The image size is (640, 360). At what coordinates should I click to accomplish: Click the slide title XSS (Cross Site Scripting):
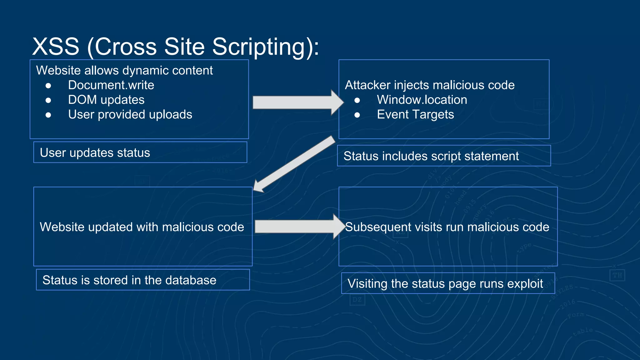(x=176, y=47)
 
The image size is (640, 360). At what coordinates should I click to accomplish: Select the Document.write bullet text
(x=111, y=85)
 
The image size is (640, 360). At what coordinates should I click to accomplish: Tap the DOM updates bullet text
(x=106, y=100)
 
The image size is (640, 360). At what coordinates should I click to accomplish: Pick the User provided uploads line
(x=130, y=115)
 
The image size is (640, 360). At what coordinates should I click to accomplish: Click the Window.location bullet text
(x=422, y=100)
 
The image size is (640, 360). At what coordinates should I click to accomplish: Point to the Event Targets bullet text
(x=415, y=115)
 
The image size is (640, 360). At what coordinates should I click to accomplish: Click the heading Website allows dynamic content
(x=124, y=71)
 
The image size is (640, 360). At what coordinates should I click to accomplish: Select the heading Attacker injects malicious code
(x=430, y=85)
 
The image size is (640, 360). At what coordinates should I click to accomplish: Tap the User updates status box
(x=140, y=152)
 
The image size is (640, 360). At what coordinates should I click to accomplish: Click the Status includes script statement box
(x=444, y=156)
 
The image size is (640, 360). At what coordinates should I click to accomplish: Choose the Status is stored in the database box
(x=143, y=280)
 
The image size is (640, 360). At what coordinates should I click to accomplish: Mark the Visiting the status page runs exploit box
(x=448, y=283)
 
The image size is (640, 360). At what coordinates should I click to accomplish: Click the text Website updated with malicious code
(x=142, y=227)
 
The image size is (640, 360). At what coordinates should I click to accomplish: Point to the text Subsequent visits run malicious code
(x=447, y=227)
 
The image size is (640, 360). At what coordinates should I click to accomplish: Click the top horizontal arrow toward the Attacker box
(x=297, y=102)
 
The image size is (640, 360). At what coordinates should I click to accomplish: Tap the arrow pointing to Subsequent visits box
(x=298, y=227)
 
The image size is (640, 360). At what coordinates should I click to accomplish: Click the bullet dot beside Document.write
(x=48, y=86)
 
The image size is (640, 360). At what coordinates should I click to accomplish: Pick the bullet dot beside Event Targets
(x=357, y=115)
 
